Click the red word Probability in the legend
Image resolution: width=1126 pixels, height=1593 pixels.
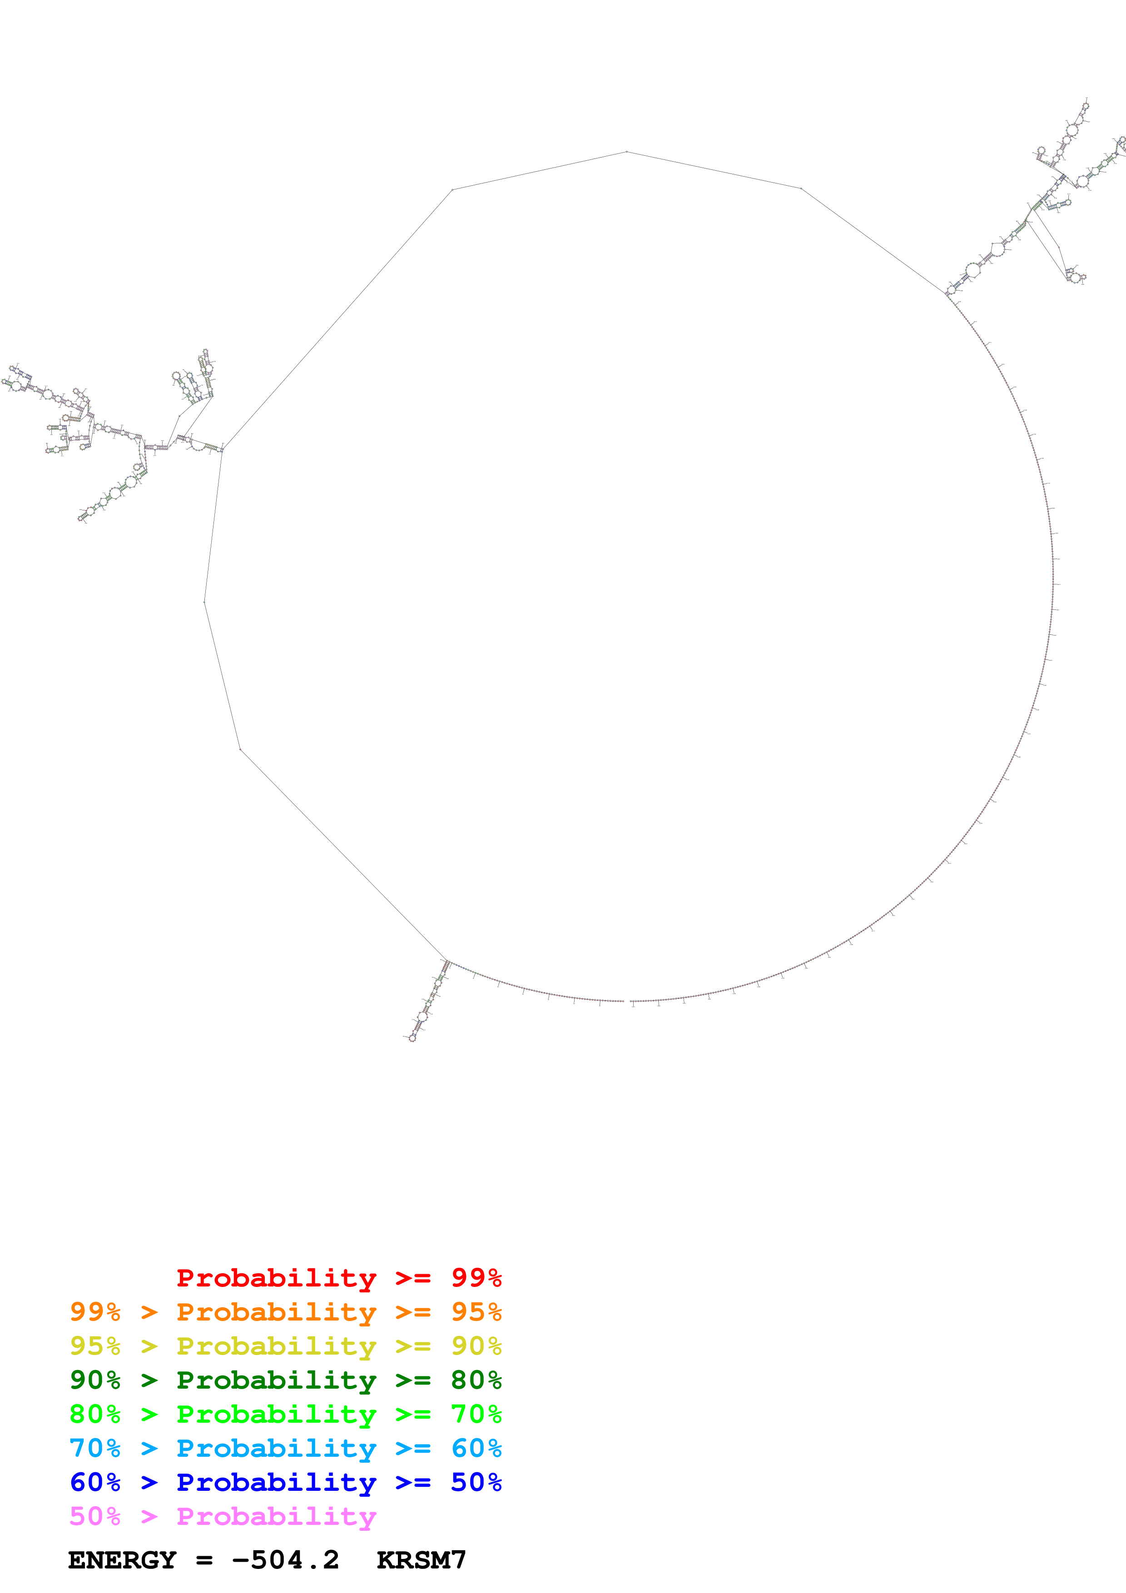coord(276,1278)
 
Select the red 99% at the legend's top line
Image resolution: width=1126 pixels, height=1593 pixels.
coord(476,1278)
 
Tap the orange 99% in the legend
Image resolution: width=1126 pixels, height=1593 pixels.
coord(95,1312)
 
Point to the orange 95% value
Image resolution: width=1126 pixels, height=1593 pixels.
coord(476,1312)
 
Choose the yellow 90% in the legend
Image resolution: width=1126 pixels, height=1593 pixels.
coord(476,1346)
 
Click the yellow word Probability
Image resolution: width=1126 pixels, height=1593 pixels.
coord(276,1346)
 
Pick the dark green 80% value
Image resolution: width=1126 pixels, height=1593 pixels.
coord(476,1380)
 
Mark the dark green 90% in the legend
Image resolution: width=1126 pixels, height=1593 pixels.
coord(95,1380)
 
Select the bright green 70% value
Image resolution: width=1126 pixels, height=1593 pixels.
coord(476,1414)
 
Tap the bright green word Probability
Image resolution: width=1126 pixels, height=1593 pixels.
coord(276,1414)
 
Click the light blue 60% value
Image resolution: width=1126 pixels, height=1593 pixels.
coord(476,1448)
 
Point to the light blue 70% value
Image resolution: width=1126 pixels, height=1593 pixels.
coord(95,1448)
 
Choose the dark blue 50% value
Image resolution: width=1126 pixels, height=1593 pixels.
coord(476,1482)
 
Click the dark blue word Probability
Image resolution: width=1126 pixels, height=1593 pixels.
coord(276,1482)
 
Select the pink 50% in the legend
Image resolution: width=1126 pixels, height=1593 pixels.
coord(95,1516)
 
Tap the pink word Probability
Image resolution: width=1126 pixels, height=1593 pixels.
coord(276,1516)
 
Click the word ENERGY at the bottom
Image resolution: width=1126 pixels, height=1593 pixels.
coord(122,1560)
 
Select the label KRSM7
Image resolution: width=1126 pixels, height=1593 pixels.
coord(421,1560)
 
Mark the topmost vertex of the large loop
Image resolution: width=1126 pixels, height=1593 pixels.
coord(626,151)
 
